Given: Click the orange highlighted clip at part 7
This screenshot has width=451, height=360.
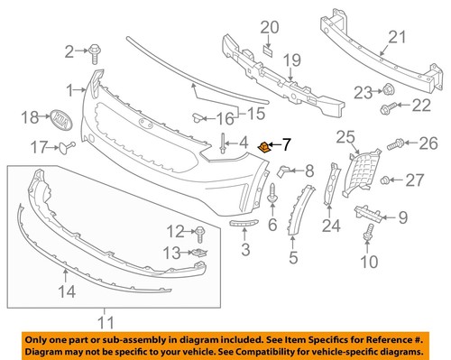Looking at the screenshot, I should (264, 144).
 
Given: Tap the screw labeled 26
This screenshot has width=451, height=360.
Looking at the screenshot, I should (396, 143).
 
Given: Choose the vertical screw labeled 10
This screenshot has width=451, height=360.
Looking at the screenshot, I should (368, 236).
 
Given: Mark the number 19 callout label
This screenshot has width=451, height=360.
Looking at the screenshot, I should (290, 60).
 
